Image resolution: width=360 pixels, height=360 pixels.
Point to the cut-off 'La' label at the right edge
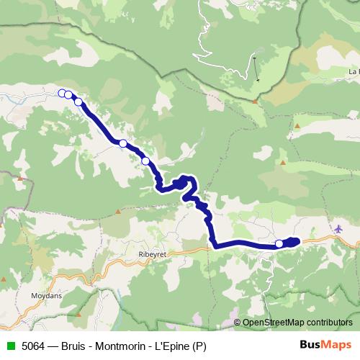point(354,72)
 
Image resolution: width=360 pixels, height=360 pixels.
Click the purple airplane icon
point(340,229)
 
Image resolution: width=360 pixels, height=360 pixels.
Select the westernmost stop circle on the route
point(62,92)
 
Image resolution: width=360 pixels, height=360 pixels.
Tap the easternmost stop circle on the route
point(279,244)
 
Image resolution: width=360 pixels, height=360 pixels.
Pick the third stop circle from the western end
point(78,102)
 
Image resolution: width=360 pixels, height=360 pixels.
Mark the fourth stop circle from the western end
point(123,143)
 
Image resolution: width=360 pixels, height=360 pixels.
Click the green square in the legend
point(10,345)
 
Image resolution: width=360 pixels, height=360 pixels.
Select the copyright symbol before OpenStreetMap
point(237,322)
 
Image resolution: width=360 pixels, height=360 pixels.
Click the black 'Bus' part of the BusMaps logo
point(310,345)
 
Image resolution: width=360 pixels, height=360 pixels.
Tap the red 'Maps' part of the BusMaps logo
point(337,345)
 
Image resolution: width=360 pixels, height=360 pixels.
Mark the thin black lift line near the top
point(255,68)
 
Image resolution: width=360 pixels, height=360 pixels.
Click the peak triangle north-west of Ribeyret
point(118,212)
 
